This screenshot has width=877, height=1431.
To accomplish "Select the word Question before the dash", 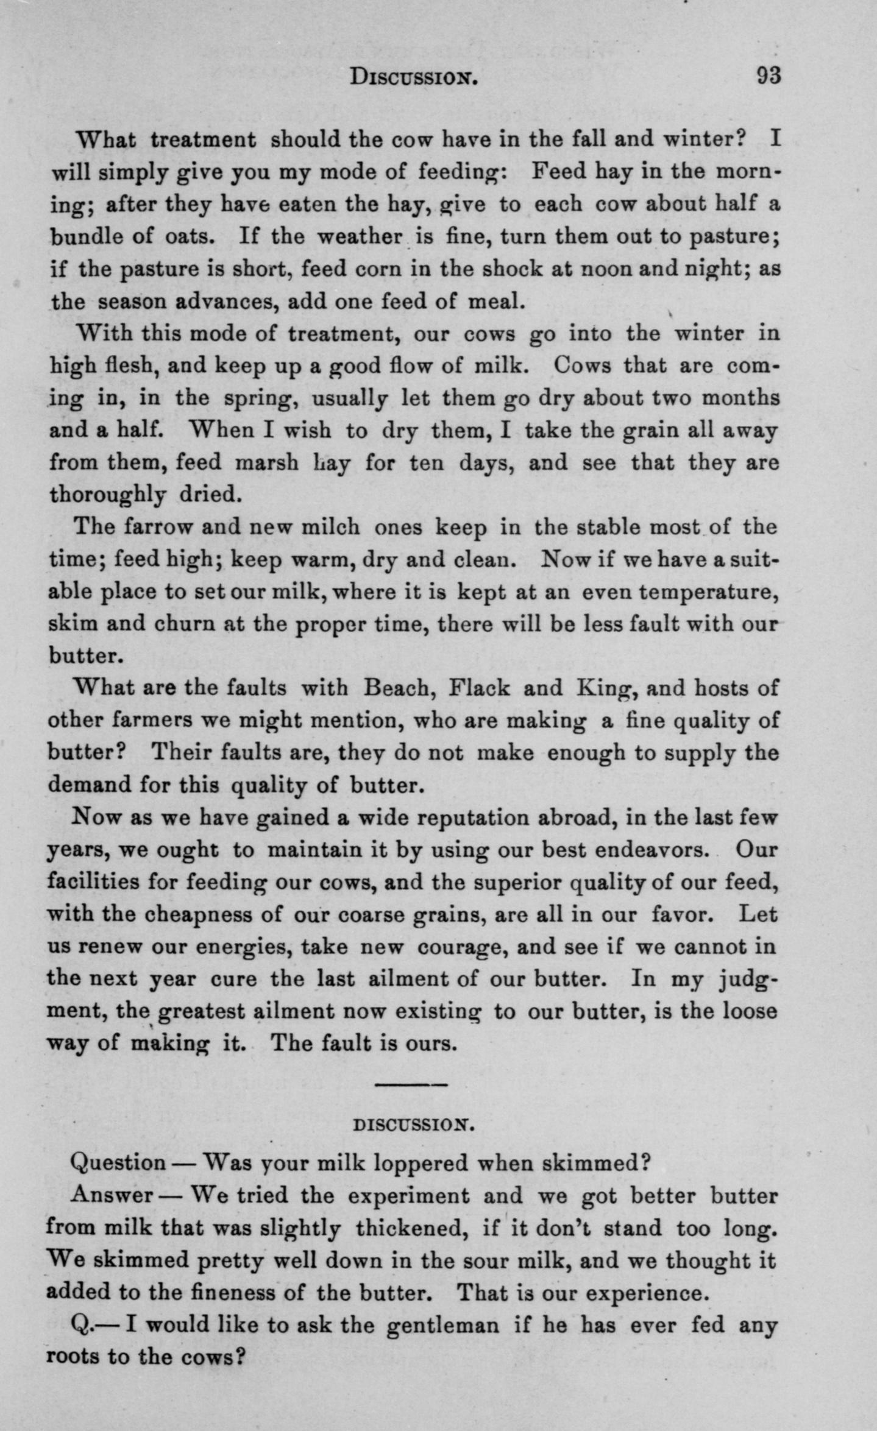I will click(118, 1164).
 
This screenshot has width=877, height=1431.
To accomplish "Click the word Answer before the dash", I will click(111, 1195).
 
